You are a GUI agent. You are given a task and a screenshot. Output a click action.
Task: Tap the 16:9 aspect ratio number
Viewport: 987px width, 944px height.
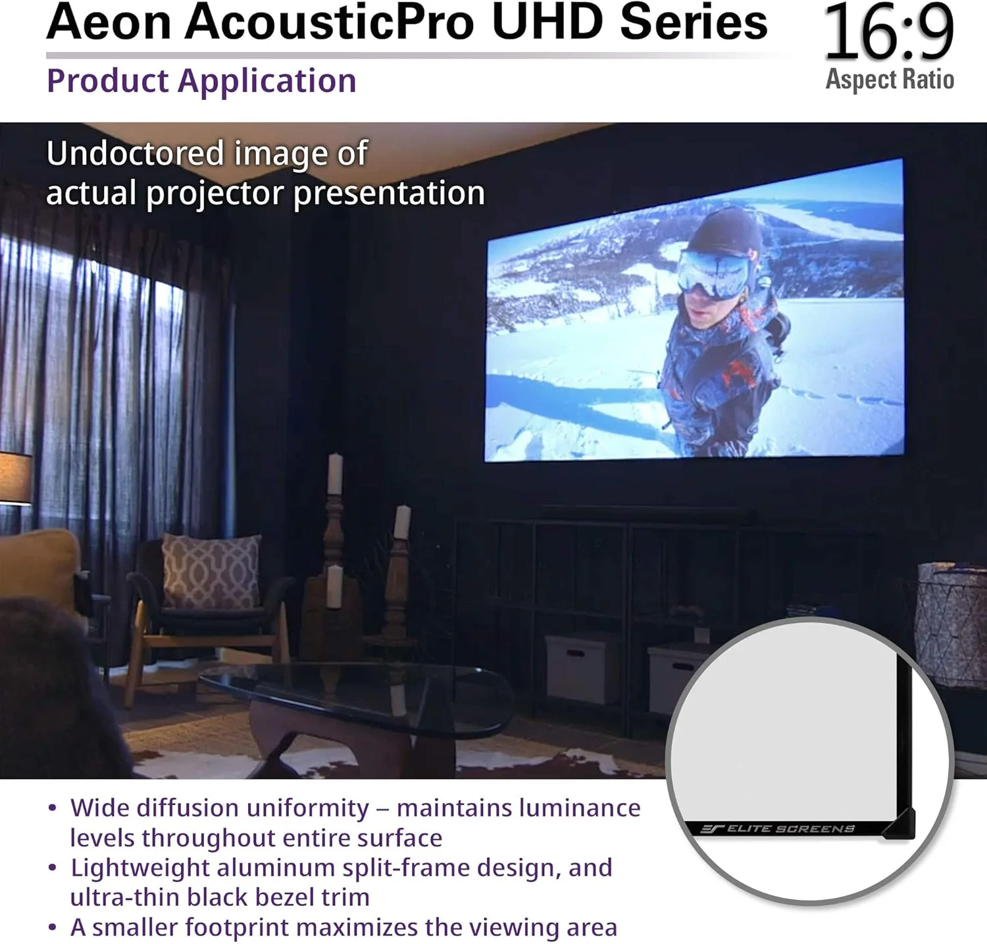(888, 32)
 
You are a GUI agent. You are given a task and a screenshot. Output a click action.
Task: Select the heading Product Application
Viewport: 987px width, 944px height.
(201, 82)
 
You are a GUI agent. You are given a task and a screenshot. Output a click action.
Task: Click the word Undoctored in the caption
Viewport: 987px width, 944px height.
(136, 153)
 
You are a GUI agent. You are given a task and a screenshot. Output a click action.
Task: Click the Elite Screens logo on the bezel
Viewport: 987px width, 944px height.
(778, 828)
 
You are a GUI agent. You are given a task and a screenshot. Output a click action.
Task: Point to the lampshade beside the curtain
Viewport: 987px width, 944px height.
(16, 478)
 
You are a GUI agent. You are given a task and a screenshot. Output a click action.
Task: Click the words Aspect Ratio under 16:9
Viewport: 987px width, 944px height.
(890, 80)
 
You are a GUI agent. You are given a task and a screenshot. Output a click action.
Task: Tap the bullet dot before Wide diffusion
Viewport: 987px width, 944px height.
(53, 808)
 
